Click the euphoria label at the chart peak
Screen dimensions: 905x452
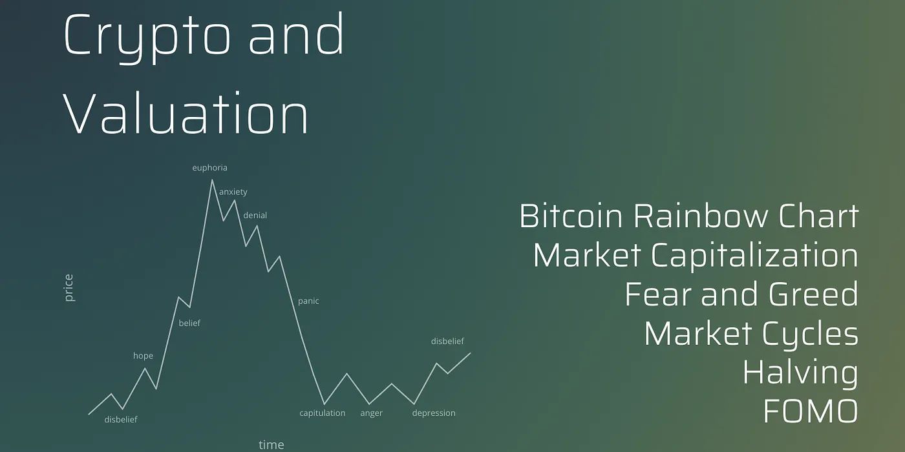209,168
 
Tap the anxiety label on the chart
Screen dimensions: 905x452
233,192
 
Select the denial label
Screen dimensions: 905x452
255,216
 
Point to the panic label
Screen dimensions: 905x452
308,301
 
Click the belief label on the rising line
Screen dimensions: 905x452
189,323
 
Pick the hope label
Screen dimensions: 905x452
143,356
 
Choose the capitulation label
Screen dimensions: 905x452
323,413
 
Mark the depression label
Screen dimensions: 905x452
434,413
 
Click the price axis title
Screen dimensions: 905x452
69,288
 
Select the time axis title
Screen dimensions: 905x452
271,445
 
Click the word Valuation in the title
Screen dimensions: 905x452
186,112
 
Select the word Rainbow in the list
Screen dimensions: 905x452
700,216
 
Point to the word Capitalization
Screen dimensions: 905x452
754,256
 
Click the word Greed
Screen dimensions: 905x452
813,294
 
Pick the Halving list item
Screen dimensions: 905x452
800,373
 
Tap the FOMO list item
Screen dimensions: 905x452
811,411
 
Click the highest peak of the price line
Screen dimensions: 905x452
212,180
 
